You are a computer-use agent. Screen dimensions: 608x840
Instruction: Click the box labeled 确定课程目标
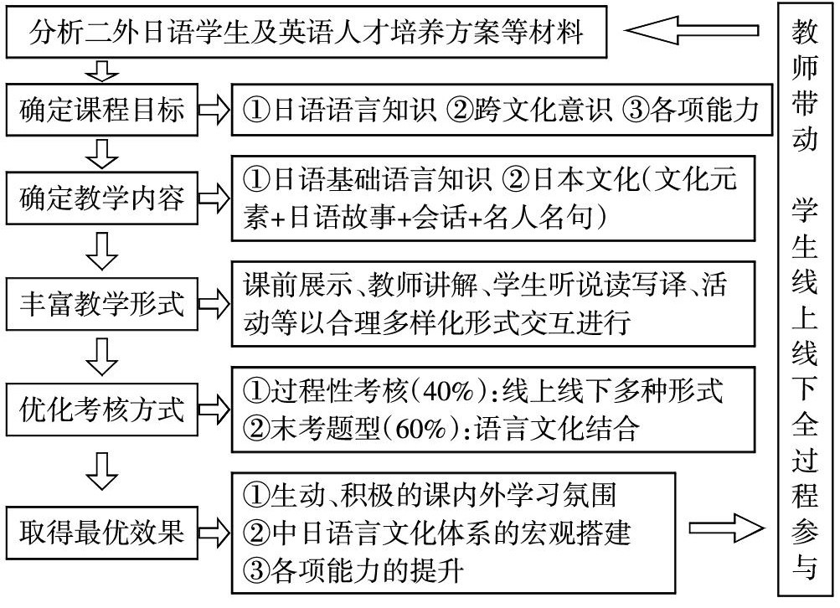click(102, 110)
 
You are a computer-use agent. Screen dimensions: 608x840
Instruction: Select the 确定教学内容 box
click(102, 200)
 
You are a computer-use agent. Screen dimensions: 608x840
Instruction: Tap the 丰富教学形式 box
click(102, 304)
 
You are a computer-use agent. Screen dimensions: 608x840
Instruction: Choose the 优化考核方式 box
click(102, 410)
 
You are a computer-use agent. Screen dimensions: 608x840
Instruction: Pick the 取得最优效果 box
click(102, 528)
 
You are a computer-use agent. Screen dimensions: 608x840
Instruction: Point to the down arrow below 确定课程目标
click(102, 153)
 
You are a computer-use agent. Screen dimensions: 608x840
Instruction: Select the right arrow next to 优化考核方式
click(216, 410)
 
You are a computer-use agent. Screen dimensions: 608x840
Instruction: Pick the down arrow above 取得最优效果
click(102, 470)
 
